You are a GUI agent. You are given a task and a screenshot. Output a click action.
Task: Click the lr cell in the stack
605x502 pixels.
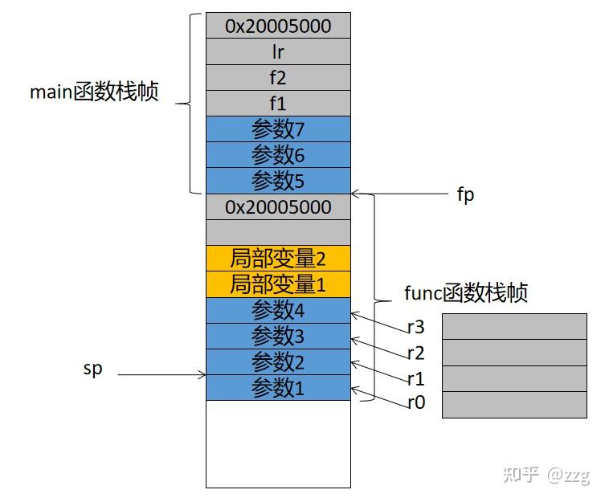(278, 52)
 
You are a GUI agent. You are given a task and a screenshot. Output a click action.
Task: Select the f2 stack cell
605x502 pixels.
(278, 78)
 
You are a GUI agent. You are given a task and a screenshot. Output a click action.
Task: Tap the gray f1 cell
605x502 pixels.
(278, 104)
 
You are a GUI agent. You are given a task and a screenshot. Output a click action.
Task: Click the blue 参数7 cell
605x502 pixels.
(278, 129)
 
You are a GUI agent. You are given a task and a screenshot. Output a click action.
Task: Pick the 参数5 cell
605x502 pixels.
(278, 179)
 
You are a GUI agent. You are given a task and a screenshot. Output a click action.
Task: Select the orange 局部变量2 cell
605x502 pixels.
(278, 259)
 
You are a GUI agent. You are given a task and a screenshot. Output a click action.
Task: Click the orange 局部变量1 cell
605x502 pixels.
(278, 284)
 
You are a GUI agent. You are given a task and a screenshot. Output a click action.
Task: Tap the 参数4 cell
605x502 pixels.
(278, 310)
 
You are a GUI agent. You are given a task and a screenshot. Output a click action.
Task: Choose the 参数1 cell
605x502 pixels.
(278, 388)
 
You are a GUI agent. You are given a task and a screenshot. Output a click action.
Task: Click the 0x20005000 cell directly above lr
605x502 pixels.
(278, 27)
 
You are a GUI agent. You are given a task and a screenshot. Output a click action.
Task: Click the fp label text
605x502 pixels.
(465, 194)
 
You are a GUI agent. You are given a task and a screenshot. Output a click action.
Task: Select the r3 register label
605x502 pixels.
(415, 327)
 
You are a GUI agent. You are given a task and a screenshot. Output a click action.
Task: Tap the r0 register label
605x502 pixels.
(415, 403)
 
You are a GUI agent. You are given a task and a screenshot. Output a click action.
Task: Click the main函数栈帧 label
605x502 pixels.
(94, 92)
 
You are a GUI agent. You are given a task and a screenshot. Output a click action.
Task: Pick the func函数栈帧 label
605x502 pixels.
(465, 293)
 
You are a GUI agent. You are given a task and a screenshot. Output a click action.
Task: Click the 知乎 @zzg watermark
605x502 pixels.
(546, 475)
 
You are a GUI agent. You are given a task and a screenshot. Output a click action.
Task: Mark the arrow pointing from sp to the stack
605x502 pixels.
(161, 373)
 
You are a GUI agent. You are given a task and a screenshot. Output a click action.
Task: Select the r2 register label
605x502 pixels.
(415, 352)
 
